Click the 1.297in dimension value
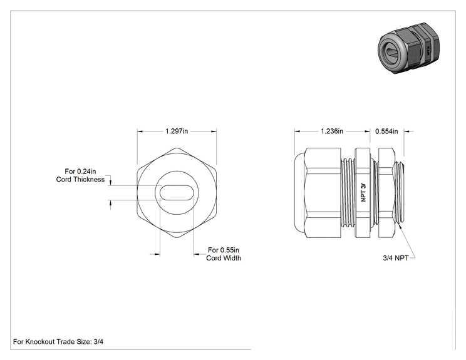pos(177,131)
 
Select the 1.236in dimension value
pos(332,131)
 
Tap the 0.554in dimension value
pos(386,131)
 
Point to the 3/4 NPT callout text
pos(396,258)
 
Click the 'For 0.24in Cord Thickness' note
pos(80,175)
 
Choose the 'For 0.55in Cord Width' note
pos(224,254)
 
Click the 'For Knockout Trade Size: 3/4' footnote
pos(58,342)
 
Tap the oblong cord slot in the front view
pos(177,193)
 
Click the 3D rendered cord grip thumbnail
pos(408,48)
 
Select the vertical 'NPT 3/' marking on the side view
pos(363,192)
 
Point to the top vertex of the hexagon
pos(177,148)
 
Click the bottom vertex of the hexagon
pos(177,238)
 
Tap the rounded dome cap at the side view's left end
pos(299,193)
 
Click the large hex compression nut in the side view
pos(323,193)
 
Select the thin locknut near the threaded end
pos(386,193)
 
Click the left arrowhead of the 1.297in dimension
pos(140,131)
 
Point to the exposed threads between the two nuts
pos(348,193)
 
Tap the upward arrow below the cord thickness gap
pos(111,203)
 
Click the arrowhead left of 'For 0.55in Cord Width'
pos(197,254)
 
